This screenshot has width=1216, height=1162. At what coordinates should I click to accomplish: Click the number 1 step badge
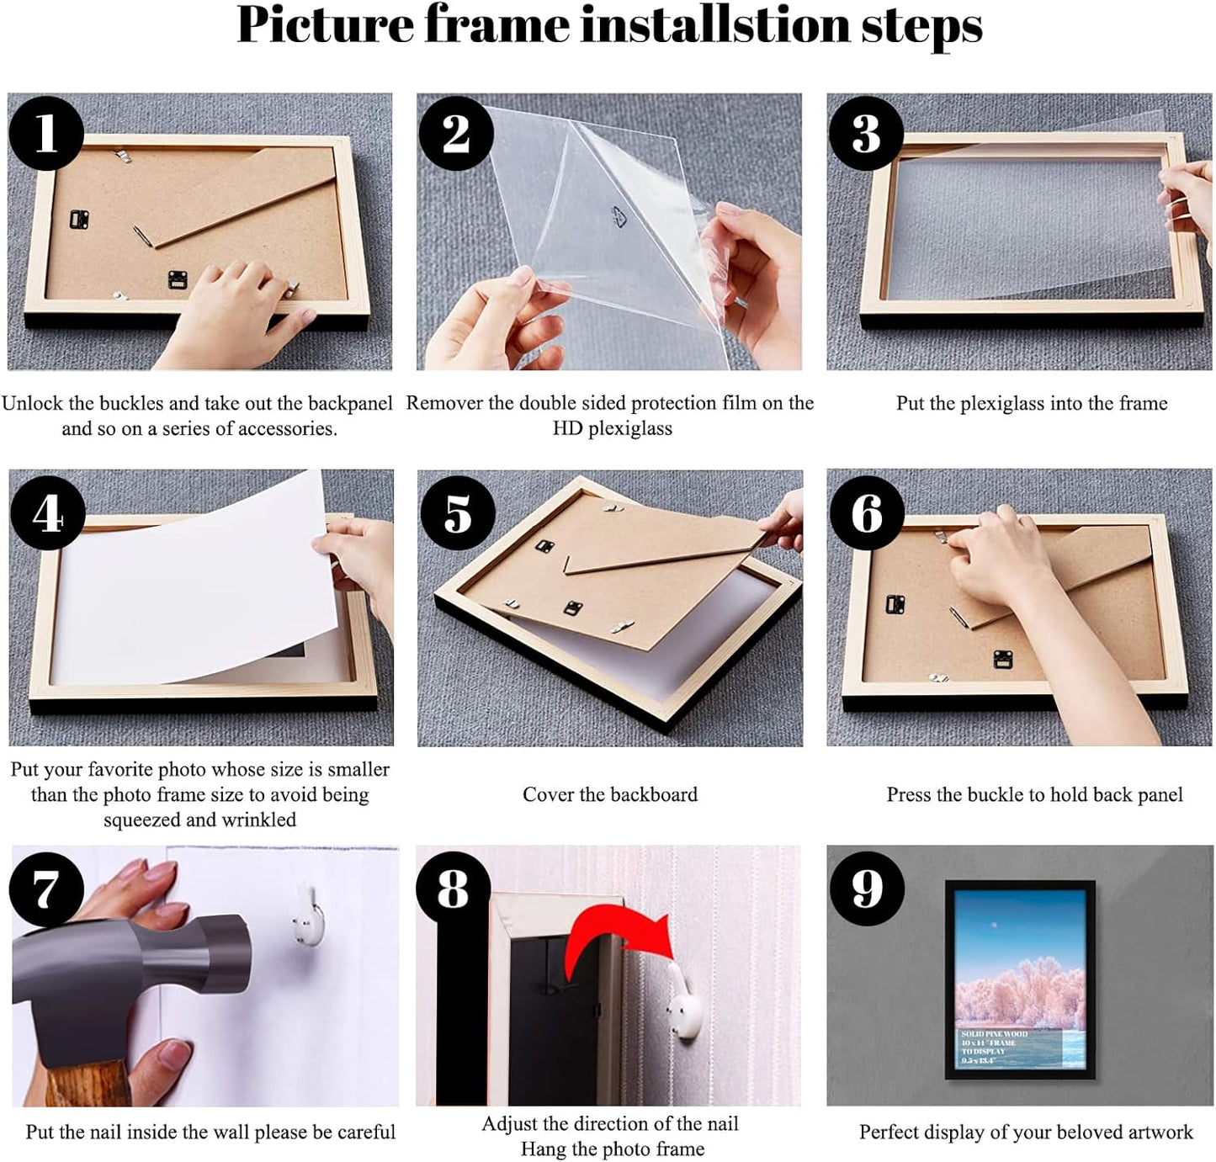(46, 133)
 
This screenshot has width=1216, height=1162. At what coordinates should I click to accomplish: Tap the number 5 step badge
(457, 512)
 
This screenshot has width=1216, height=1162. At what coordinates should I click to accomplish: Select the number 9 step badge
(867, 889)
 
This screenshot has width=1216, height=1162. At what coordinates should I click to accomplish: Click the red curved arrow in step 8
(619, 940)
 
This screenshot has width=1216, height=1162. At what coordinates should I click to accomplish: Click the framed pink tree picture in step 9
(1019, 980)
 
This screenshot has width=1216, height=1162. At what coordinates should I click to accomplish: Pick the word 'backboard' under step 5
(653, 795)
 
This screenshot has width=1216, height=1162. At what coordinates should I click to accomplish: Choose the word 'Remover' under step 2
(443, 404)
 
